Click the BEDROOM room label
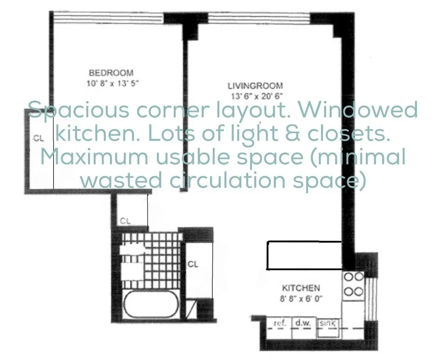tap(111, 72)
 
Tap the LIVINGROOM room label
tap(255, 85)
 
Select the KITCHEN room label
tap(301, 288)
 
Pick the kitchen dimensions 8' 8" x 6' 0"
tap(301, 297)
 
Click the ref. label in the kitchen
tap(280, 323)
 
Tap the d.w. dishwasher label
tap(300, 323)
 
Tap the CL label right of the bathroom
tap(193, 264)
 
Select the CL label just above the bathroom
tap(126, 221)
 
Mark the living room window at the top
tap(259, 18)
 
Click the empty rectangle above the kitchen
tap(305, 256)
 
